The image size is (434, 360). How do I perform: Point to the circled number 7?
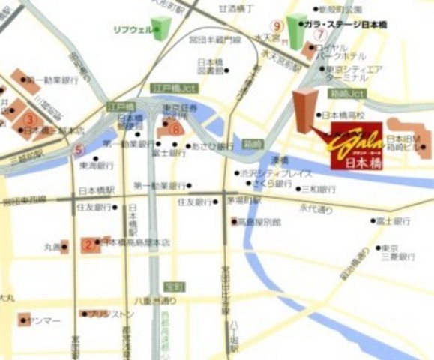click(x=321, y=34)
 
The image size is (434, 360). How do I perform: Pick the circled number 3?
click(x=29, y=118)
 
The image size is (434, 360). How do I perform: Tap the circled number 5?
click(x=78, y=150)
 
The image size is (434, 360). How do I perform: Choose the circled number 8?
click(x=175, y=129)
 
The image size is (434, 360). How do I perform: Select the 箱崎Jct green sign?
click(x=347, y=93)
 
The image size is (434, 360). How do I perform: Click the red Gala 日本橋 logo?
click(x=355, y=143)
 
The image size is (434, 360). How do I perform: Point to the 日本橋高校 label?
click(x=343, y=115)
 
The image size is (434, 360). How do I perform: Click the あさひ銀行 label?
click(x=213, y=146)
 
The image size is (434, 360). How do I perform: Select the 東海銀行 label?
click(x=97, y=165)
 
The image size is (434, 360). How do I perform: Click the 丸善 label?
click(x=51, y=245)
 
